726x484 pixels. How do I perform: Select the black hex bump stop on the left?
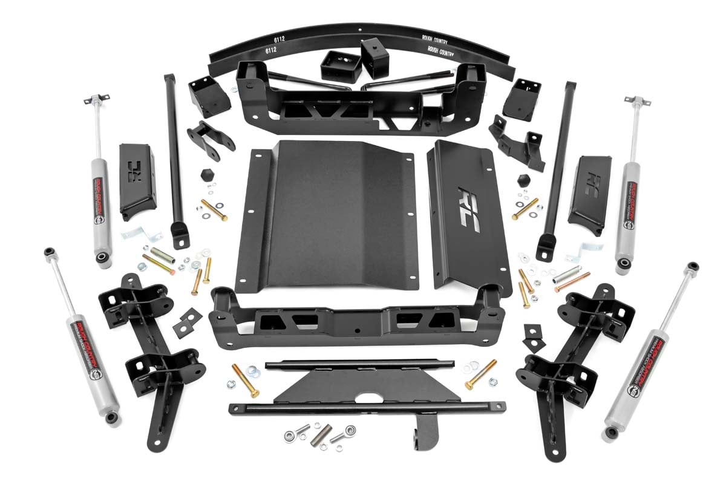pos(206,175)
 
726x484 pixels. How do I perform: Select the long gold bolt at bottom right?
pos(481,374)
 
